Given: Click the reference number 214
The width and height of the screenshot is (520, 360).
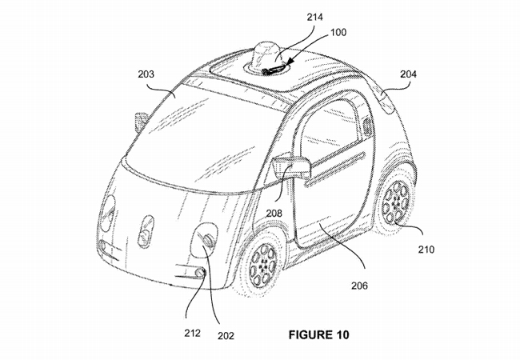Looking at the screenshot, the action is pos(314,17).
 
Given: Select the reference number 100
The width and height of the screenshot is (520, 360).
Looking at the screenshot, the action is pos(338,33).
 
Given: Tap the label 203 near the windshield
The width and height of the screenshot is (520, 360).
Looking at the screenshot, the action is pos(146,74).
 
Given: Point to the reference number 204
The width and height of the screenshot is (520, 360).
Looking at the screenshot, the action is pos(408,74).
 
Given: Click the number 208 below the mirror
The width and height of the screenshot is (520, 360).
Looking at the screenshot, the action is pos(274,213).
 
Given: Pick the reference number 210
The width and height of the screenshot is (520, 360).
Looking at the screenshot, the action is pos(426,250).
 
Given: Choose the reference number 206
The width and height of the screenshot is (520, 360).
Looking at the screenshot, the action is pos(360,285).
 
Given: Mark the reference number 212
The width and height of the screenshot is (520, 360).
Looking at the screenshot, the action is pos(193,333).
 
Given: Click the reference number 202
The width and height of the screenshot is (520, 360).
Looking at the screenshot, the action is pos(226,336).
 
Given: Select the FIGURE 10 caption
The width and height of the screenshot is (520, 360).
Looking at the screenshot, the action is pos(318,335).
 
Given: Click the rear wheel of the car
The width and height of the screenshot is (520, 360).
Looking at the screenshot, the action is pos(395,201).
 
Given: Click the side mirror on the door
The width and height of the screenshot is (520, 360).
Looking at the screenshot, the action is pos(291,165).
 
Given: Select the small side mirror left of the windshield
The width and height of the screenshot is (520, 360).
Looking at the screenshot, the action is pos(141,122).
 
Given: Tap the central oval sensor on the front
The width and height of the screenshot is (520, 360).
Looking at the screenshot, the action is pos(146,231).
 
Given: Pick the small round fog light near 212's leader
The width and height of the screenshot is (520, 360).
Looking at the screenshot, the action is pos(200,273).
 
